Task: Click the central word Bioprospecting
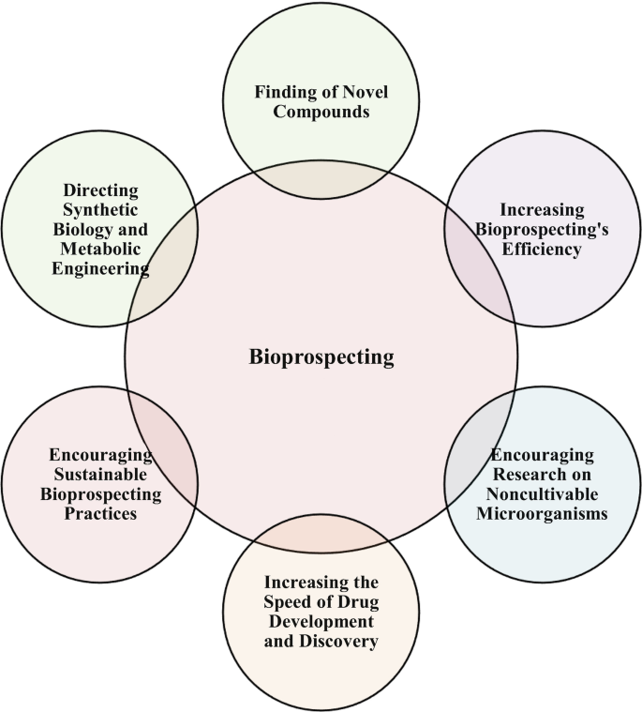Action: (321, 357)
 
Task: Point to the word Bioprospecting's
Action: (541, 229)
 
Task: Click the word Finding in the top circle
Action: (288, 93)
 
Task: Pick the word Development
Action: (321, 621)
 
